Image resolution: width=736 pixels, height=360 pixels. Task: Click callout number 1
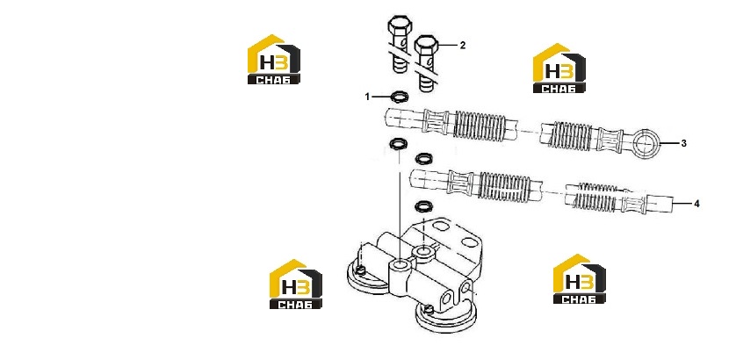pos(367,97)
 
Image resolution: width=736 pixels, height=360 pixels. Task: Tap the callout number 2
pos(462,45)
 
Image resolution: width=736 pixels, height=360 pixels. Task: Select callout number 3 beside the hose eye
pos(683,143)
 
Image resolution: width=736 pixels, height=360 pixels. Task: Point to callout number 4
pos(696,204)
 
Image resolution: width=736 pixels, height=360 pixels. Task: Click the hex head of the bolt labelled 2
pos(426,45)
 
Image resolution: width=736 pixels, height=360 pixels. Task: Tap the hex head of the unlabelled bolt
pos(400,25)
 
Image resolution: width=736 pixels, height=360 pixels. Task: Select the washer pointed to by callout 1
pos(400,97)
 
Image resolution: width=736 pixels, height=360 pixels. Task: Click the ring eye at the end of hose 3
pos(646,142)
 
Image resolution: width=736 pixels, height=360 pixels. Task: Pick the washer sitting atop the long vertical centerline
pos(399,143)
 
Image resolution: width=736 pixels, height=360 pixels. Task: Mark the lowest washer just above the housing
pos(424,205)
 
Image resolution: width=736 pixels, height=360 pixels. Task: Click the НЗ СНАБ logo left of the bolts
pos(274,59)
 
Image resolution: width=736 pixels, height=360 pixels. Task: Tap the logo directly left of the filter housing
pos(296,284)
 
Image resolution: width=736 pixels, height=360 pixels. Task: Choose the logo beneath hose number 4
pos(579,279)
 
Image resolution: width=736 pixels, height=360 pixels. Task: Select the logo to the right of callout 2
pos(559,68)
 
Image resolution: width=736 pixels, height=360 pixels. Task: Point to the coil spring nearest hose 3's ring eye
pos(571,135)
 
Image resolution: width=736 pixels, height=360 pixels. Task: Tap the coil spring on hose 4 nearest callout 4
pos(596,196)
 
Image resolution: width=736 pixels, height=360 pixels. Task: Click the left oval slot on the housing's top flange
pos(441,227)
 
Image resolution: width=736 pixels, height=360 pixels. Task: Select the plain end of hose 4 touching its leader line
pos(660,204)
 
